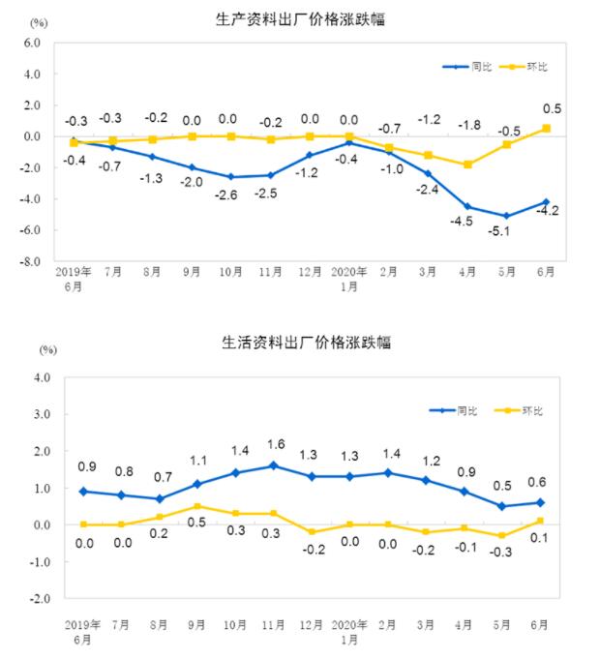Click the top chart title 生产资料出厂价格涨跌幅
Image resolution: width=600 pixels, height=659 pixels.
pos(298,18)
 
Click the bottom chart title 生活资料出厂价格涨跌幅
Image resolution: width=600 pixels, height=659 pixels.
pos(298,343)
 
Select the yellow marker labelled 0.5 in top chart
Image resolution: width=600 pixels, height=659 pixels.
pos(547,128)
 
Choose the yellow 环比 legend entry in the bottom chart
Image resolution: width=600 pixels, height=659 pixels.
pos(518,411)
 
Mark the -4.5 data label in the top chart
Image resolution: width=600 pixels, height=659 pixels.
pos(462,223)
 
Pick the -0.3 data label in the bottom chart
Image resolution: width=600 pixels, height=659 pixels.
pos(500,553)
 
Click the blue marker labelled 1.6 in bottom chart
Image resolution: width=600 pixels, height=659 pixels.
pos(273,465)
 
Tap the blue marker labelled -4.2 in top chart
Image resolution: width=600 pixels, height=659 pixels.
pos(547,202)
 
